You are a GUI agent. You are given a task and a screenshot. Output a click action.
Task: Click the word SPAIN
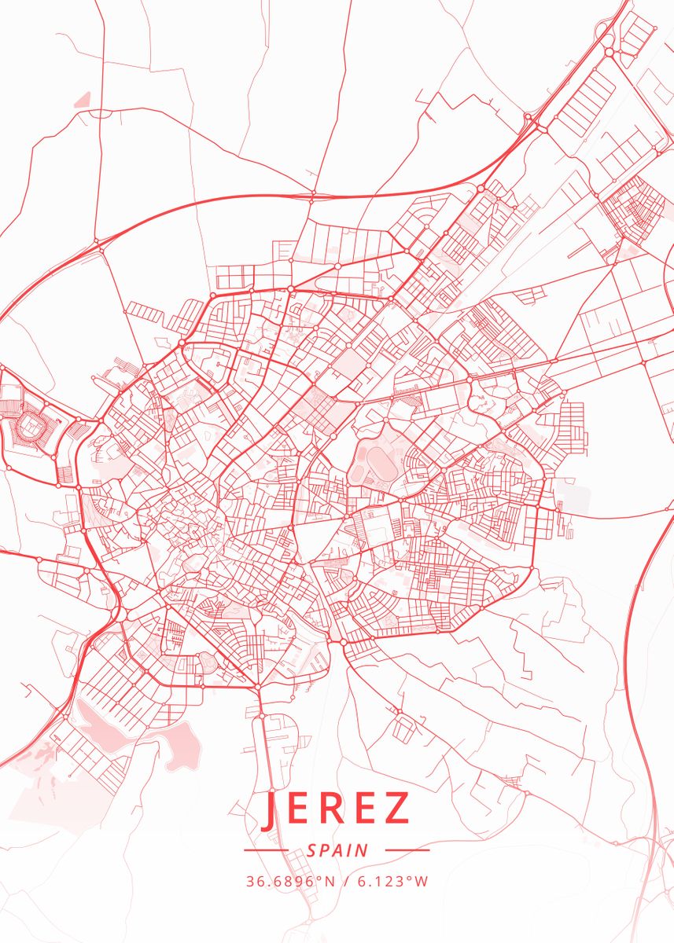point(337,850)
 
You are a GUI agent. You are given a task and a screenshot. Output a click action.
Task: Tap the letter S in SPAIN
point(312,850)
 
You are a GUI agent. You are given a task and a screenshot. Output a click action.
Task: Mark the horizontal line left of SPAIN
point(266,850)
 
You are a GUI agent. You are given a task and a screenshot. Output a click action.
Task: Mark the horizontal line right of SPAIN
point(407,850)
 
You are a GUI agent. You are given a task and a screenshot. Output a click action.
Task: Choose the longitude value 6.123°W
point(393,882)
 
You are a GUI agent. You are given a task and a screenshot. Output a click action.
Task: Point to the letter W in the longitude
point(422,882)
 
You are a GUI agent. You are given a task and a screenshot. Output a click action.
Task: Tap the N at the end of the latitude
point(330,882)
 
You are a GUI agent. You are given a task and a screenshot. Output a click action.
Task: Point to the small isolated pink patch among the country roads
point(82,100)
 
